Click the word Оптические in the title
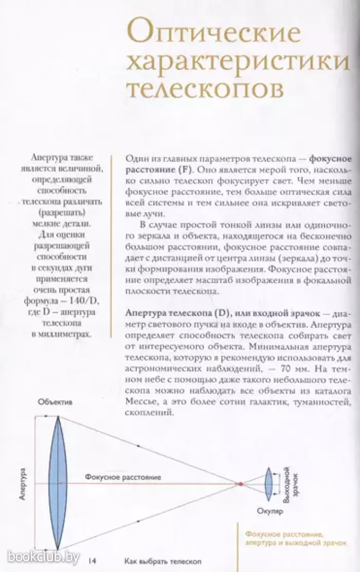[x=213, y=33]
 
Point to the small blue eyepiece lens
[x=268, y=483]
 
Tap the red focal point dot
[x=239, y=484]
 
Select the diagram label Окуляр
[x=268, y=511]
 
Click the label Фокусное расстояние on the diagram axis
[x=123, y=477]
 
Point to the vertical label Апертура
[x=23, y=484]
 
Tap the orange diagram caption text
[x=295, y=539]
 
